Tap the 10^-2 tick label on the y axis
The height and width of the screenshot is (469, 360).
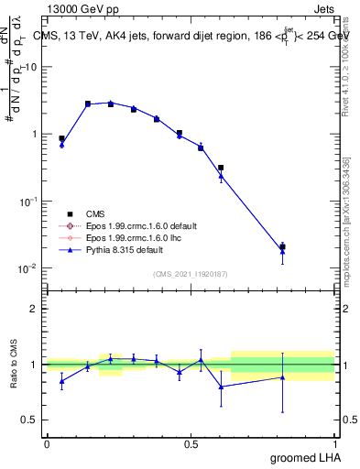coord(31,268)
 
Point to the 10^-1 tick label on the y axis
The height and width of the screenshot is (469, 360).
coord(31,202)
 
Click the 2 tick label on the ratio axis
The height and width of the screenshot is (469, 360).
coord(35,310)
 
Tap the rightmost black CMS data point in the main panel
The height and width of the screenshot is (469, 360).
coord(282,247)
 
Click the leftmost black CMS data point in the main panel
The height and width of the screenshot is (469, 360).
coord(61,138)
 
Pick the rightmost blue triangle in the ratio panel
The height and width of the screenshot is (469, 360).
coord(282,377)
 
